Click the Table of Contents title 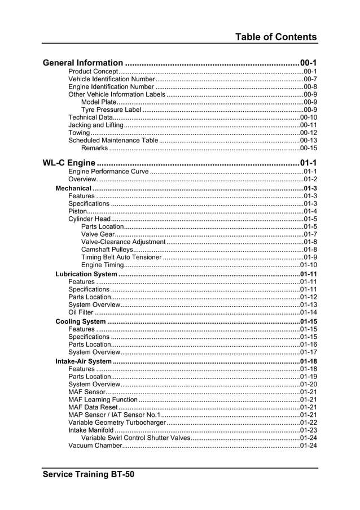276,37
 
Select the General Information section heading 83,63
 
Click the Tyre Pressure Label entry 111,110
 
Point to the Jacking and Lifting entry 95,125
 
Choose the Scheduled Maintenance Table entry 113,140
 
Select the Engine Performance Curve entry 108,172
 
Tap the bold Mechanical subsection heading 73,188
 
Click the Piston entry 78,211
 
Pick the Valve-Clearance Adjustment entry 124,242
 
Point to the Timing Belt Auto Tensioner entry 121,257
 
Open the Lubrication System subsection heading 86,274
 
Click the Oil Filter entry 81,312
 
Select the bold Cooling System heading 80,321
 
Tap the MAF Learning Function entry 103,399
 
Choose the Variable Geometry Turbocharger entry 117,422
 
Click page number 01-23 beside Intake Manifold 308,430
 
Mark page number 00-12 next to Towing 308,133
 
